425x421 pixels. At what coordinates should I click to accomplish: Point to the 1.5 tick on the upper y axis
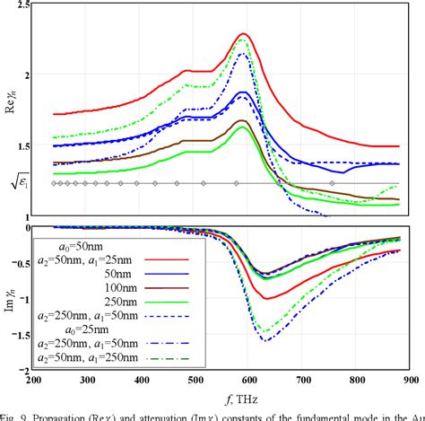tap(17, 145)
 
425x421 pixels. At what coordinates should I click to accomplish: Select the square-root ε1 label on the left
tap(15, 184)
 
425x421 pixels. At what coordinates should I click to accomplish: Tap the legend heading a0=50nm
tap(66, 242)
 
